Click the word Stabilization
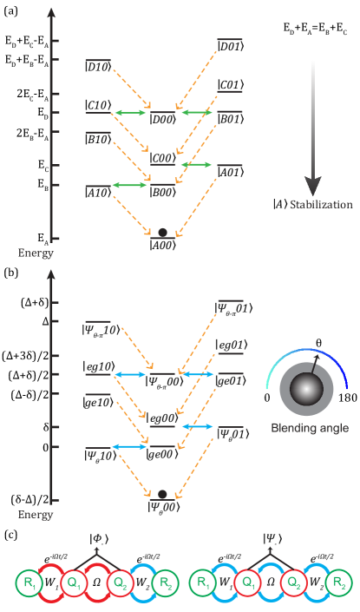click(x=321, y=205)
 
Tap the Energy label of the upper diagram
click(x=36, y=253)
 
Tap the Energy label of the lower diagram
click(x=36, y=515)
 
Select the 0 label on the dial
click(x=267, y=398)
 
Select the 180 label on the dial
click(x=347, y=398)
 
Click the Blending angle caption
click(x=310, y=427)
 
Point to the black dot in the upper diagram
click(x=162, y=232)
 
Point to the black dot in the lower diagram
click(x=162, y=494)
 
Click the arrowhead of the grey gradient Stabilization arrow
click(x=312, y=186)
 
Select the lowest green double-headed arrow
click(x=129, y=185)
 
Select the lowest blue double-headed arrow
click(x=129, y=446)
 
